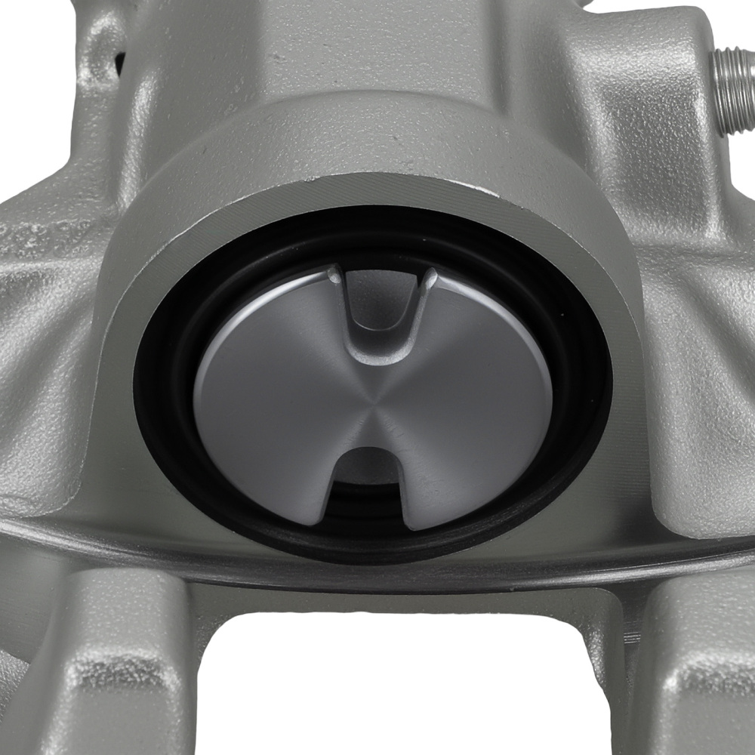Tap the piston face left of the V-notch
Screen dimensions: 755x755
point(272,355)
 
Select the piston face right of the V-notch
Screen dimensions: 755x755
point(483,355)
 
